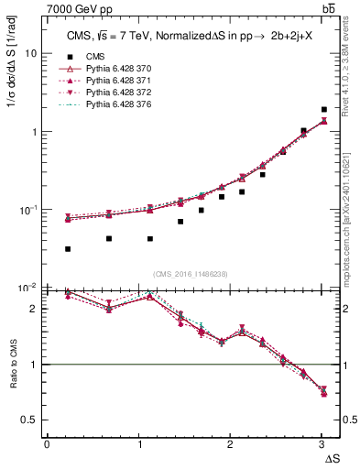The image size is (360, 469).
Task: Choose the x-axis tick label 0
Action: [47, 444]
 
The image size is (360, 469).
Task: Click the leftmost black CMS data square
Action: [69, 249]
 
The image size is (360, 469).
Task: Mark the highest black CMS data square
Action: [324, 110]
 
